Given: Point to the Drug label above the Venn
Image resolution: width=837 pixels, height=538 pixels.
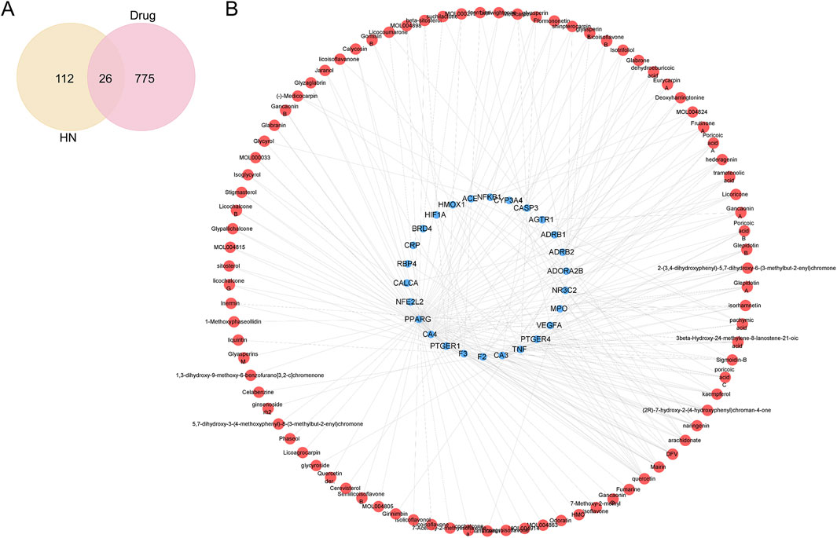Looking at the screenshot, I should click(147, 16).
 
